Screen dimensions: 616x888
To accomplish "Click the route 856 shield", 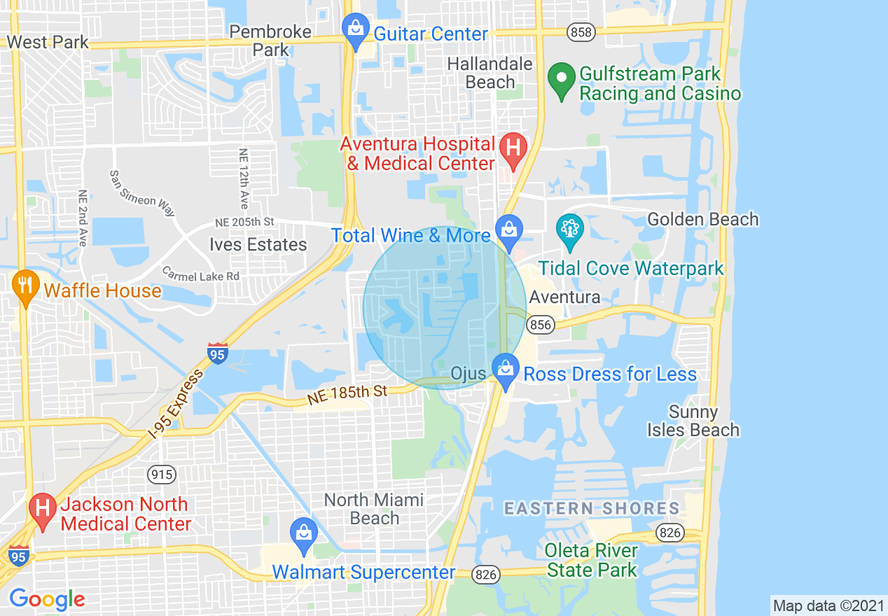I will pos(541,324).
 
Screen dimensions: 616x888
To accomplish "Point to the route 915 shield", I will pos(161,475).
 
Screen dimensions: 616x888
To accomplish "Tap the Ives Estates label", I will pos(258,244).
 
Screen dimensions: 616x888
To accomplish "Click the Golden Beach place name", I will pos(702,219).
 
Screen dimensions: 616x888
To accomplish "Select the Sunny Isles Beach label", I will pos(693,421).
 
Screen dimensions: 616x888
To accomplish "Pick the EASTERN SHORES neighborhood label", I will pos(592,508).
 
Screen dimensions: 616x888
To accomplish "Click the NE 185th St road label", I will pos(347,395).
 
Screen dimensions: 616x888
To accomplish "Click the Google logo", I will pos(47,599).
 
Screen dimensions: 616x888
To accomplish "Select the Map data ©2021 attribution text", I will pos(827,605).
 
